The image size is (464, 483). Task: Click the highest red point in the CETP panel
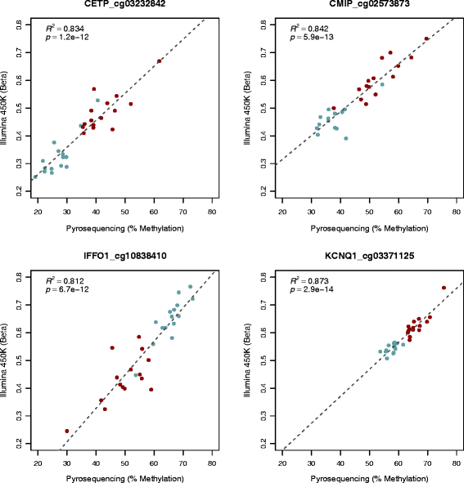pyautogui.click(x=160, y=61)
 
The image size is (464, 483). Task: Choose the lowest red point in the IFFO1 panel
pyautogui.click(x=67, y=431)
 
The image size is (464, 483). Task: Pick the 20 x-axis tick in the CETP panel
pyautogui.click(x=38, y=213)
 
